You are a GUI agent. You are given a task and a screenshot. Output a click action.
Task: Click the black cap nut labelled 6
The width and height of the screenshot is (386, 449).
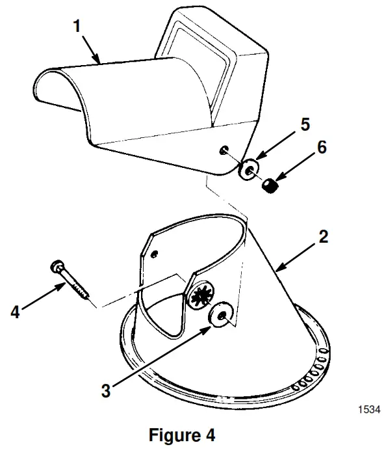point(270,187)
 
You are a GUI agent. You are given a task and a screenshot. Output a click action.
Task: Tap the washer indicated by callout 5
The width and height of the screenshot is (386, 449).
point(248,170)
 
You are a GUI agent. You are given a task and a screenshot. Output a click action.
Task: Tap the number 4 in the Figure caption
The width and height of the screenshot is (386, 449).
point(209,434)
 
